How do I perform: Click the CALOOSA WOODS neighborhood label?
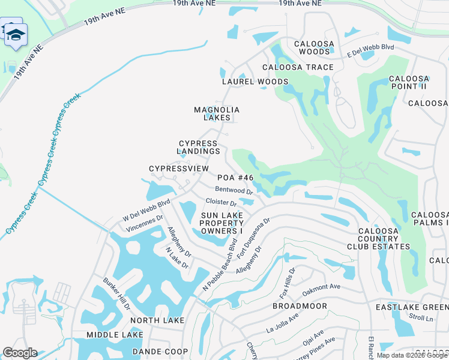(x=312, y=48)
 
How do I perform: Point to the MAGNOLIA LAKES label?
(x=217, y=114)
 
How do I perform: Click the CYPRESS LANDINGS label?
(x=199, y=148)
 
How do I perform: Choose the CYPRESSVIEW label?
(x=179, y=169)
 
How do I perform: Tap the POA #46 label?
(x=235, y=178)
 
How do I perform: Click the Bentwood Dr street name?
(x=234, y=190)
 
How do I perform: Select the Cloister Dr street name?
(x=221, y=202)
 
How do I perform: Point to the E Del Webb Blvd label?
(x=370, y=51)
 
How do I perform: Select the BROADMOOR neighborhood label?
(x=300, y=306)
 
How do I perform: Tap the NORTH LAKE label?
(x=157, y=320)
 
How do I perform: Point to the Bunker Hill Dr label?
(x=117, y=293)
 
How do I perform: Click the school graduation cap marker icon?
(x=16, y=34)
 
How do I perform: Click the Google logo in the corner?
(x=19, y=353)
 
